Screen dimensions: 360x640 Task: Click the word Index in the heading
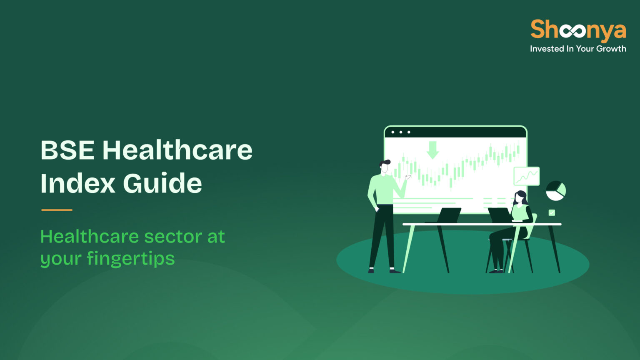pyautogui.click(x=77, y=183)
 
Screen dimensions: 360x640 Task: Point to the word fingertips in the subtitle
pyautogui.click(x=131, y=259)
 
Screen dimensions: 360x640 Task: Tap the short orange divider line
pyautogui.click(x=57, y=210)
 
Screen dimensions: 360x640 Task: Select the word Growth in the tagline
pyautogui.click(x=611, y=49)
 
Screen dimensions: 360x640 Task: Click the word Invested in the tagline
pyautogui.click(x=547, y=49)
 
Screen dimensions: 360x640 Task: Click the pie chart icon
pyautogui.click(x=556, y=191)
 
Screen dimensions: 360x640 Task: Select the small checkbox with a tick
pyautogui.click(x=552, y=213)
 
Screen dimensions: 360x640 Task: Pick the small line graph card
pyautogui.click(x=527, y=176)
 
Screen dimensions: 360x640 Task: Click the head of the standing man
pyautogui.click(x=385, y=166)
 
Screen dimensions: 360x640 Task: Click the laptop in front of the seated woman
pyautogui.click(x=500, y=215)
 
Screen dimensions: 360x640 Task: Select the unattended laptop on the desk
pyautogui.click(x=449, y=215)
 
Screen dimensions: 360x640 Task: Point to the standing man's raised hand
pyautogui.click(x=408, y=177)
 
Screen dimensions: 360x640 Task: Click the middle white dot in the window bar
pyautogui.click(x=401, y=132)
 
